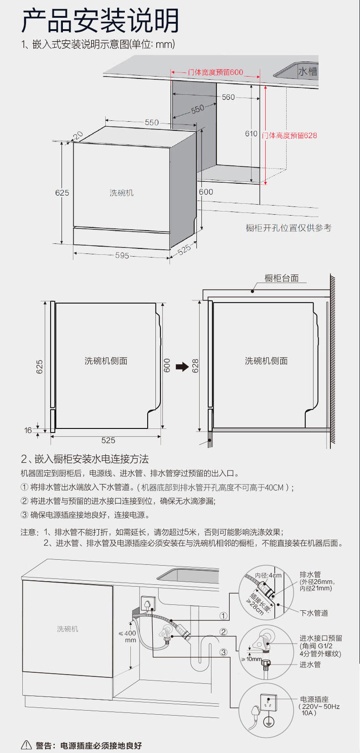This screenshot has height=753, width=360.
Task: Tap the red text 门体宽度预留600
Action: point(216,72)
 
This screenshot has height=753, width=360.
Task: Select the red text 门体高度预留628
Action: point(289,135)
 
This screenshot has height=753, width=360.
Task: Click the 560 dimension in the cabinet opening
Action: point(228,97)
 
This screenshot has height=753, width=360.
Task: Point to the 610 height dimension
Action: point(251,134)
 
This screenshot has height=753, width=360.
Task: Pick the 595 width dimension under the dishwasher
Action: point(122,256)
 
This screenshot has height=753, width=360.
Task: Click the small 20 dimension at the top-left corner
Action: point(78,135)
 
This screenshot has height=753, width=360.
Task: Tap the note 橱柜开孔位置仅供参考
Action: point(288,228)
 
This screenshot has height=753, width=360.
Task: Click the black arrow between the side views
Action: point(182,366)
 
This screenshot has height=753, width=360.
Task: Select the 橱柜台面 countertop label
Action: point(282,278)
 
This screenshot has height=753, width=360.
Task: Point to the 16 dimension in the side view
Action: point(28,430)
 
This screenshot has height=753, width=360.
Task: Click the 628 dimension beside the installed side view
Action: point(195,366)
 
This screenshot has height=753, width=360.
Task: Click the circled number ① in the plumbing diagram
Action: point(223,616)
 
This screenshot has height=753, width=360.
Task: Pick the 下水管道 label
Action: point(314,613)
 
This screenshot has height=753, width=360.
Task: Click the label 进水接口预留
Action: point(321,638)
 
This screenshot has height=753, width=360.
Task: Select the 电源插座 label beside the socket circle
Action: point(314,699)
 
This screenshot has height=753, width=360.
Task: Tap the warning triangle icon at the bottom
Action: point(27,745)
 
